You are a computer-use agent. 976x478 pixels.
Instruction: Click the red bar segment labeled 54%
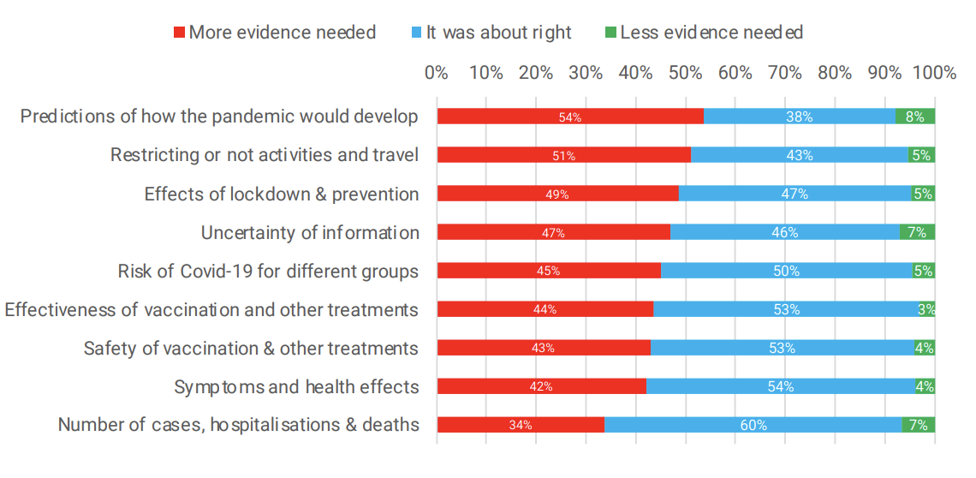point(570,117)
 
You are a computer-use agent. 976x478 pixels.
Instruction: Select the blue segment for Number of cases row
point(753,425)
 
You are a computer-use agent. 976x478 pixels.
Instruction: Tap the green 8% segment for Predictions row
point(914,117)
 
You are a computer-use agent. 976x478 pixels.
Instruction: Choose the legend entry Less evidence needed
point(711,33)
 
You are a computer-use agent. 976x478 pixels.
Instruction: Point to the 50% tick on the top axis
point(685,73)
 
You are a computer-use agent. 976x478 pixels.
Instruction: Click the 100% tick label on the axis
point(934,73)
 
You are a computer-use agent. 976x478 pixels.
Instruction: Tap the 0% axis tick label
point(437,73)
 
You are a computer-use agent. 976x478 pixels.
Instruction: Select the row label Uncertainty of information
point(310,233)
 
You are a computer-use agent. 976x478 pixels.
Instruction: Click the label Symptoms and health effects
point(296,387)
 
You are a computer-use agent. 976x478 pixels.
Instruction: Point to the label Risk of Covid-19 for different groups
point(268,272)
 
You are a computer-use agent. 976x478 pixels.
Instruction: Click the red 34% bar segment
point(521,425)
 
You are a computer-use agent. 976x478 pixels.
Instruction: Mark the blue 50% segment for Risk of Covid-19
point(786,271)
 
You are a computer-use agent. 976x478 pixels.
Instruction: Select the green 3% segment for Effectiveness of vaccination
point(927,309)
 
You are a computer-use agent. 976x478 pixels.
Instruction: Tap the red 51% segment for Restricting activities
point(563,155)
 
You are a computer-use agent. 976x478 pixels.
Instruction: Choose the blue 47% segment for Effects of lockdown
point(794,194)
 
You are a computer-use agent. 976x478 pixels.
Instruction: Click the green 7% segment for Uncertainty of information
point(917,232)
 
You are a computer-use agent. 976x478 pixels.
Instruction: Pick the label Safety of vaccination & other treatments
point(251,349)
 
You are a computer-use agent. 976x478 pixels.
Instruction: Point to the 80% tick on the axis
point(835,73)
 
